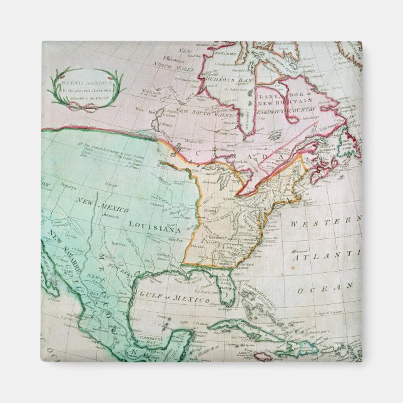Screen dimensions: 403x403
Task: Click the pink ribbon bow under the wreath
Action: (78, 106)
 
